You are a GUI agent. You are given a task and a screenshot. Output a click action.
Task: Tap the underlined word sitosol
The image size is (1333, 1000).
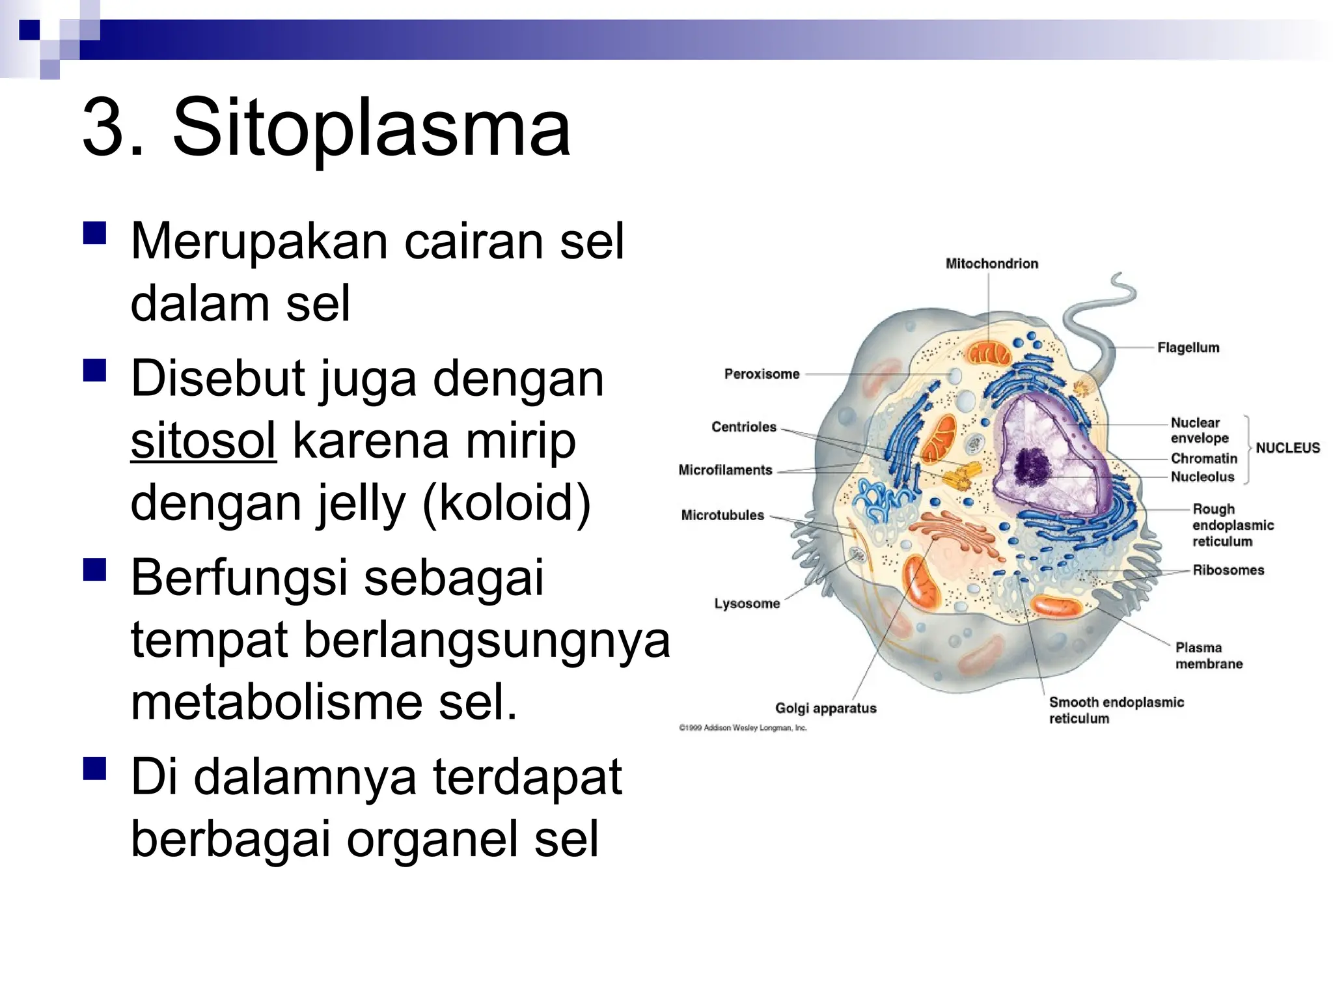203,441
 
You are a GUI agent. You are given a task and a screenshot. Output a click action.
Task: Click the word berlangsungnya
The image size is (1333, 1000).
487,640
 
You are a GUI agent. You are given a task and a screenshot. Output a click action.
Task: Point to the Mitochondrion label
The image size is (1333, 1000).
991,264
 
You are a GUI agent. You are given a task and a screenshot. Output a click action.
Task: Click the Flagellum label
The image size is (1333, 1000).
1188,348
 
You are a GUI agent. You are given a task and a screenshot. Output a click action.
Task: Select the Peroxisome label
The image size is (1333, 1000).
762,374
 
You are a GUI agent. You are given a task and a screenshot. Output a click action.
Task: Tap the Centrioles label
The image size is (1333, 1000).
743,427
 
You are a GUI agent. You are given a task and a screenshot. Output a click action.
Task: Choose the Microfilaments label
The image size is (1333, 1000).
725,470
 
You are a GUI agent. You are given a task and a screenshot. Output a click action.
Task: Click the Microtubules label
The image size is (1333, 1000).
722,516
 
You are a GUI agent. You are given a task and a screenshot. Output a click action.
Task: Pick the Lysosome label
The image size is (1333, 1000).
747,604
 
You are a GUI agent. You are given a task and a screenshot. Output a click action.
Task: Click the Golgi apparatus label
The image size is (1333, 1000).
825,708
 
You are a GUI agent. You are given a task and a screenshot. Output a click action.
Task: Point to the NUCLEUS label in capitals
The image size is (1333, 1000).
1287,448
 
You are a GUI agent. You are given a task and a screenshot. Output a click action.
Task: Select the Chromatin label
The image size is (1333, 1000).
1203,458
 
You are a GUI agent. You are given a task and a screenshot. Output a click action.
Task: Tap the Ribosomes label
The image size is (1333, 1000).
1228,570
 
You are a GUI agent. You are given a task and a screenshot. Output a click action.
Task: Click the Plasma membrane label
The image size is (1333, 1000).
1209,656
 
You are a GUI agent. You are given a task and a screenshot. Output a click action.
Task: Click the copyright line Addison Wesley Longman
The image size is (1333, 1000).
743,728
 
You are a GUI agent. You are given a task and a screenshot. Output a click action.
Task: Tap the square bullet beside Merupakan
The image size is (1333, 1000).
95,233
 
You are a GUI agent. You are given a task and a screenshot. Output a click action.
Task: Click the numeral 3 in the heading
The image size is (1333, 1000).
104,127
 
